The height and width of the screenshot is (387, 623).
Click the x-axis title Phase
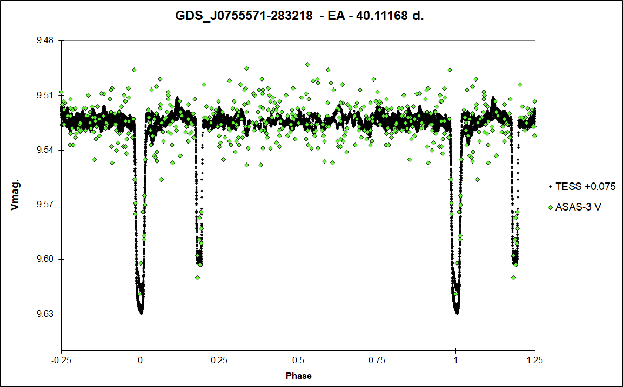(x=298, y=376)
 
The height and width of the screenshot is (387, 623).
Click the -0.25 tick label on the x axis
(x=61, y=360)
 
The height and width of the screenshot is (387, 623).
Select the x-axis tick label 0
(x=140, y=360)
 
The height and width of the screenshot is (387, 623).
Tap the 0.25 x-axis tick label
(x=219, y=360)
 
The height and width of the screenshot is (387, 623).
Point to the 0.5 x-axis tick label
(x=298, y=360)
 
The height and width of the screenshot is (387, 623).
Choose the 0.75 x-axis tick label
(x=377, y=360)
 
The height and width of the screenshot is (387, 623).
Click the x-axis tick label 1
(x=456, y=360)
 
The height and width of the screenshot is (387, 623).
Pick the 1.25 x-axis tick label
(x=535, y=360)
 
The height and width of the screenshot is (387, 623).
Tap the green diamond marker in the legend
(x=550, y=207)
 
